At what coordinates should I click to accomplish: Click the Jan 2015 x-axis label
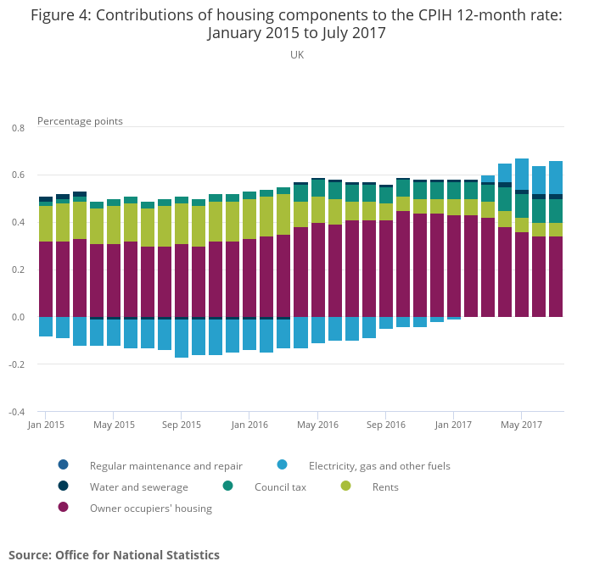(x=46, y=425)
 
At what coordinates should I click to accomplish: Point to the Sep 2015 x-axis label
(x=182, y=425)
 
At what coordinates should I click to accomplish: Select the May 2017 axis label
(x=521, y=425)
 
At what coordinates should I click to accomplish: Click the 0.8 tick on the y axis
(x=18, y=128)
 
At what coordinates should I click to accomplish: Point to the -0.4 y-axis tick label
(x=17, y=413)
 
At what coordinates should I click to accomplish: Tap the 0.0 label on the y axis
(x=18, y=318)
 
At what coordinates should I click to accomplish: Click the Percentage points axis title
(x=80, y=121)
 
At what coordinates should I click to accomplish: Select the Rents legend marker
(x=345, y=486)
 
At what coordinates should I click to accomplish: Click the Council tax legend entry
(x=280, y=487)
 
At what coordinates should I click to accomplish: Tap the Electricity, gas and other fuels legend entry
(x=378, y=466)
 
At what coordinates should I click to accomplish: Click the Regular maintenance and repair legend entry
(x=165, y=466)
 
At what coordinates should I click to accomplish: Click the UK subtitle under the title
(x=297, y=55)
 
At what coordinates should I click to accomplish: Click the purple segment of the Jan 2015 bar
(x=46, y=279)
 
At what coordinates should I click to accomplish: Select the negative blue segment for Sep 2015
(x=182, y=338)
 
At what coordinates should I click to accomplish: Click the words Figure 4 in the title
(x=61, y=14)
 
